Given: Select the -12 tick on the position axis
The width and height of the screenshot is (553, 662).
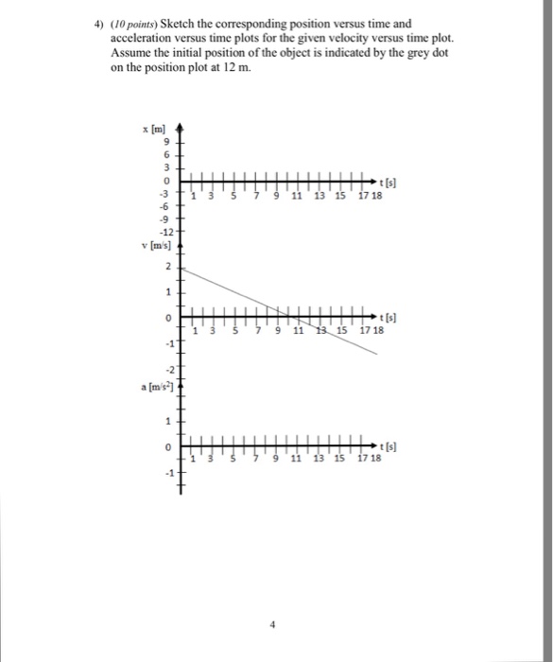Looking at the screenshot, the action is coord(166,232).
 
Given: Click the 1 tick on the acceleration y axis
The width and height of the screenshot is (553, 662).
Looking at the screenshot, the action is coord(167,421).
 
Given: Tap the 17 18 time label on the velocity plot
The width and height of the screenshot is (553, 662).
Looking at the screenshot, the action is coord(371,331).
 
